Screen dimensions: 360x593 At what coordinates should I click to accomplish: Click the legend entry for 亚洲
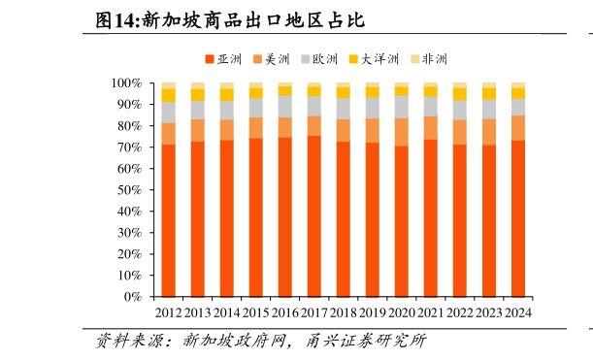click(x=224, y=59)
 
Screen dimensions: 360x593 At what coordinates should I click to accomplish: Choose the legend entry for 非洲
click(x=430, y=59)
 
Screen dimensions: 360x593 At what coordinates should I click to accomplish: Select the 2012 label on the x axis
click(x=169, y=313)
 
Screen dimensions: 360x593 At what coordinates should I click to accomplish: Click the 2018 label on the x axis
click(x=344, y=313)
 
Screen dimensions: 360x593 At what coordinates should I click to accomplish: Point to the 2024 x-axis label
click(x=518, y=313)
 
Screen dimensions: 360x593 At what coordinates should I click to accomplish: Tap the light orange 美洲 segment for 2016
click(x=285, y=127)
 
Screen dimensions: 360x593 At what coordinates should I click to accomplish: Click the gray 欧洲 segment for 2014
click(x=227, y=110)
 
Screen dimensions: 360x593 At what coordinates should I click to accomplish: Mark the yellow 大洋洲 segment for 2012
click(x=169, y=95)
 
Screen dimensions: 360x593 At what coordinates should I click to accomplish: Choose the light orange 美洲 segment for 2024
click(x=518, y=128)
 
